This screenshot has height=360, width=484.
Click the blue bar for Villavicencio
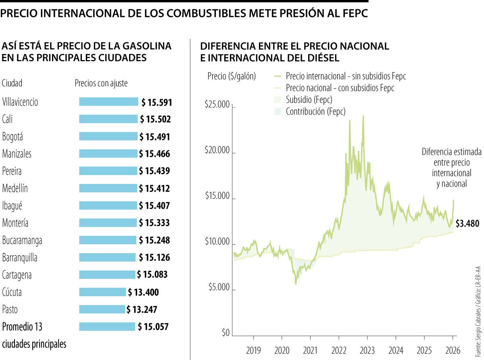click(x=108, y=102)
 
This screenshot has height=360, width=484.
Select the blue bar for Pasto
click(x=102, y=309)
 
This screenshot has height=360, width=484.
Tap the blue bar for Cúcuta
click(x=102, y=292)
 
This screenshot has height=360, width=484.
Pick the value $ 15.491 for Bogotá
click(x=154, y=137)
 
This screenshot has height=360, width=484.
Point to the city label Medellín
click(x=15, y=188)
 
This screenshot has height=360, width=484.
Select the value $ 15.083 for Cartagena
click(x=152, y=275)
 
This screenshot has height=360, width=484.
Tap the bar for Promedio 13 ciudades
click(x=107, y=327)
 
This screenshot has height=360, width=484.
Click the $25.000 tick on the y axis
click(x=217, y=105)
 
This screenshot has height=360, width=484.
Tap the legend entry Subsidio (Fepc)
click(x=309, y=99)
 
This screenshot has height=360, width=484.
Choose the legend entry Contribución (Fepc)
click(x=315, y=111)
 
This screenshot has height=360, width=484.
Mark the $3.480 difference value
click(x=467, y=224)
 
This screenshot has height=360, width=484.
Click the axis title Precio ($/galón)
click(x=232, y=76)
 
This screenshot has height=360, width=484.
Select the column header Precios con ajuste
click(x=101, y=83)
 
